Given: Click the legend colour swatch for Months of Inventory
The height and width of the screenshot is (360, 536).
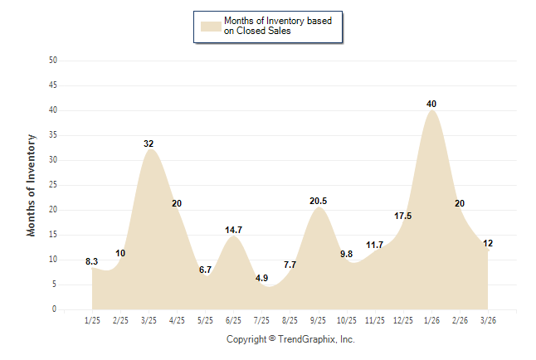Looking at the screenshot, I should pyautogui.click(x=211, y=26).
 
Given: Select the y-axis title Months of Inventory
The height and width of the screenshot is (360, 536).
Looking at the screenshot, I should pyautogui.click(x=32, y=185).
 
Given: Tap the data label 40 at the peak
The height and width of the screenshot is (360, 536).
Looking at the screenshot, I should pyautogui.click(x=431, y=104).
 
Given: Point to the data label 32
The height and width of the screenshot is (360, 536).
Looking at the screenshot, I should pyautogui.click(x=149, y=144).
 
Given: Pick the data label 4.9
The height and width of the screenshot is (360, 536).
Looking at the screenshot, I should pyautogui.click(x=261, y=278).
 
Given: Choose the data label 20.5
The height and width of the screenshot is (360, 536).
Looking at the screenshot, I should pyautogui.click(x=318, y=201).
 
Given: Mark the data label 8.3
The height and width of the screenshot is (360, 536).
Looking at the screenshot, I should pyautogui.click(x=92, y=261).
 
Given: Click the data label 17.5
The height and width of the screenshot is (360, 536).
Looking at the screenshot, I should pyautogui.click(x=403, y=216).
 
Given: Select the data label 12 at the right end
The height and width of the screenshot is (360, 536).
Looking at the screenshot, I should pyautogui.click(x=488, y=243).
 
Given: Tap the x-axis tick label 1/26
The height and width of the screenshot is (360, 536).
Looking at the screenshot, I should pyautogui.click(x=431, y=319).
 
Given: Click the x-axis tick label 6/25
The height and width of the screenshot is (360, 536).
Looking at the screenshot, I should pyautogui.click(x=233, y=319).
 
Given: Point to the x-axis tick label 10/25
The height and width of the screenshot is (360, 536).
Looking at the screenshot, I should pyautogui.click(x=346, y=319).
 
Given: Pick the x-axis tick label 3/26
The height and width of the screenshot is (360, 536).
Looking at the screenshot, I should pyautogui.click(x=488, y=319).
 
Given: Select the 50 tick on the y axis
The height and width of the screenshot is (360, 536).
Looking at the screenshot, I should pyautogui.click(x=53, y=61).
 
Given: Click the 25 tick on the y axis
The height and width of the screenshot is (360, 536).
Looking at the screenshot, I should pyautogui.click(x=53, y=185).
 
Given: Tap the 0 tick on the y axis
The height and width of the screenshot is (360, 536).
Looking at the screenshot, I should pyautogui.click(x=55, y=309).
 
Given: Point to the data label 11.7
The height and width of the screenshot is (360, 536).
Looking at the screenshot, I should pyautogui.click(x=374, y=245).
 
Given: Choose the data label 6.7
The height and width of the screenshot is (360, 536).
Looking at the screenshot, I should pyautogui.click(x=205, y=270).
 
